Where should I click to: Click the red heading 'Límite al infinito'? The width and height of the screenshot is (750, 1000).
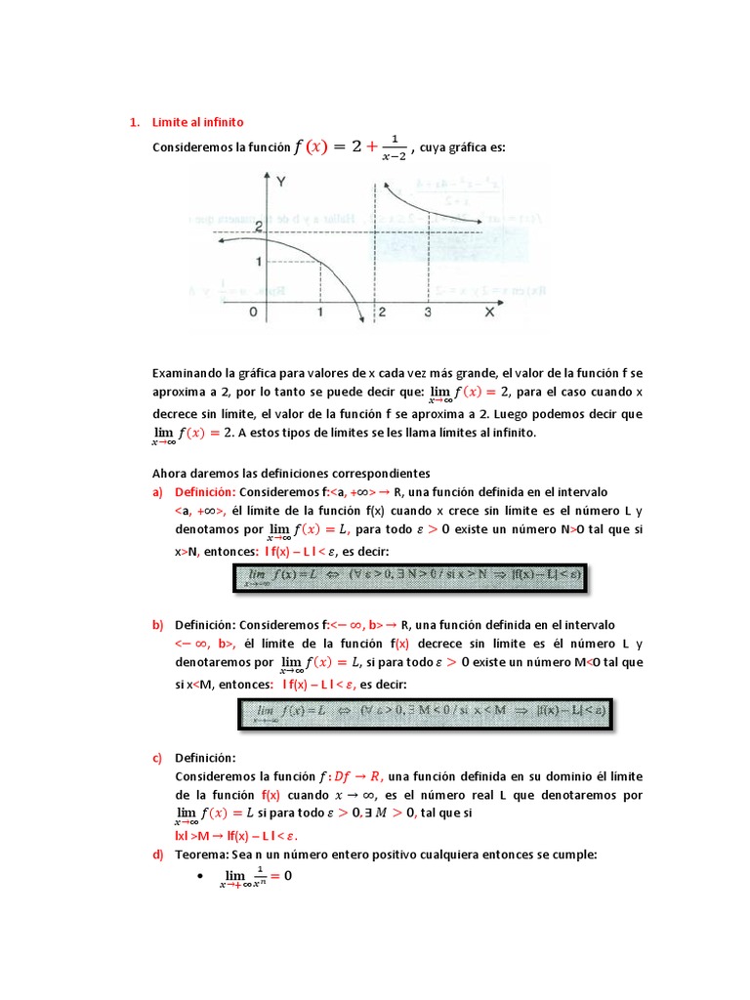click(197, 122)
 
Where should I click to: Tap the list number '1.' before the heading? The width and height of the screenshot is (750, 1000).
click(135, 122)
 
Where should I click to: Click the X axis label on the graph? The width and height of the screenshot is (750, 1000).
click(489, 312)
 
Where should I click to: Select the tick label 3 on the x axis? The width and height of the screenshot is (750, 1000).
click(428, 312)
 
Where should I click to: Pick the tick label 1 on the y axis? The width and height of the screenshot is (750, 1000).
click(257, 262)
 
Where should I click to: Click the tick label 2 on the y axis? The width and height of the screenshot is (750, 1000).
click(257, 227)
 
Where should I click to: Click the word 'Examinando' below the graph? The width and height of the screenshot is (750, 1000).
click(187, 373)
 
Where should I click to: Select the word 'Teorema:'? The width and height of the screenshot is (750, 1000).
click(200, 854)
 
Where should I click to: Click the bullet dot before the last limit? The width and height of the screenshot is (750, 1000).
click(199, 877)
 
